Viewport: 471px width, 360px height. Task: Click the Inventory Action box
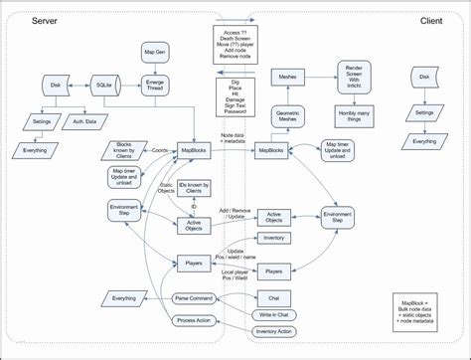coord(272,330)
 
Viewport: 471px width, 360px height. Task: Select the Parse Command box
coord(195,298)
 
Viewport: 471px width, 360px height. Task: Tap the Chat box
coord(272,297)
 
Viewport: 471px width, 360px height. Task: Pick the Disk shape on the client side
coord(424,77)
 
